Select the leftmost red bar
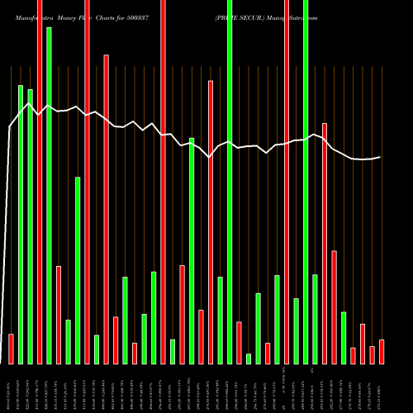point(11,349)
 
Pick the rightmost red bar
point(382,351)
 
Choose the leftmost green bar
point(21,224)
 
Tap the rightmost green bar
point(344,338)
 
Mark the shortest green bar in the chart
point(249,358)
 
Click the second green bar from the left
point(30,226)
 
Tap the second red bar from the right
point(372,354)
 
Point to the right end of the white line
point(381,157)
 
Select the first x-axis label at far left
point(11,388)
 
